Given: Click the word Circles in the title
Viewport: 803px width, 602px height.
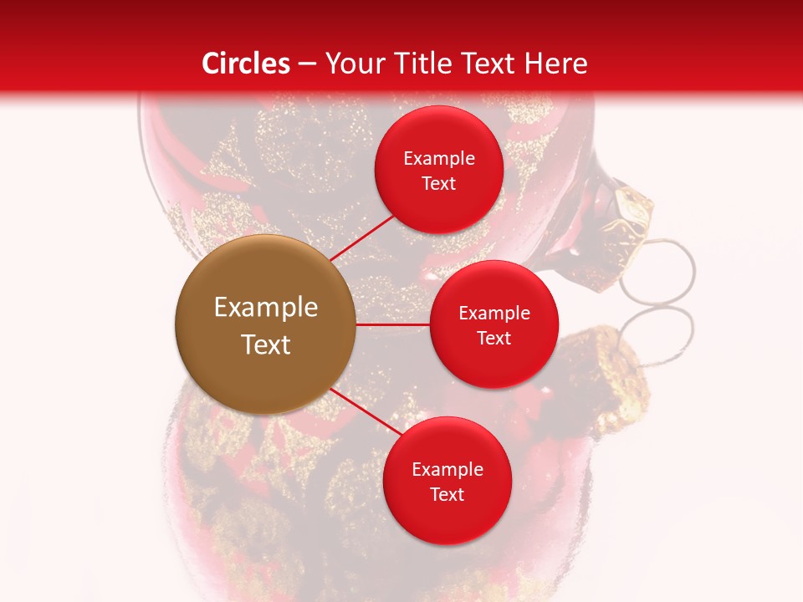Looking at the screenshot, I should pyautogui.click(x=246, y=64).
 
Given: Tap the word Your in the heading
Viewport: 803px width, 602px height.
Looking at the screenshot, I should pyautogui.click(x=352, y=64).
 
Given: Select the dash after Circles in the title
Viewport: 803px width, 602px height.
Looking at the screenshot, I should pyautogui.click(x=307, y=64).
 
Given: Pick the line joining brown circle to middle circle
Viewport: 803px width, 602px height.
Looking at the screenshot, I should pyautogui.click(x=393, y=324).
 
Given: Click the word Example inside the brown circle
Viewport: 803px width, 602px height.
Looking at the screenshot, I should pyautogui.click(x=266, y=308).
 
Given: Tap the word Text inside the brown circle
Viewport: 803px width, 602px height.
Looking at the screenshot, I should pyautogui.click(x=266, y=344).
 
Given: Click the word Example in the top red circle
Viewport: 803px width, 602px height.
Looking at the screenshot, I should pyautogui.click(x=439, y=158).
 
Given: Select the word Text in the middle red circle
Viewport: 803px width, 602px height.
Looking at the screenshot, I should pyautogui.click(x=494, y=338).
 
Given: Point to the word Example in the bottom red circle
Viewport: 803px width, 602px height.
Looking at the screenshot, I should pyautogui.click(x=448, y=469).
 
